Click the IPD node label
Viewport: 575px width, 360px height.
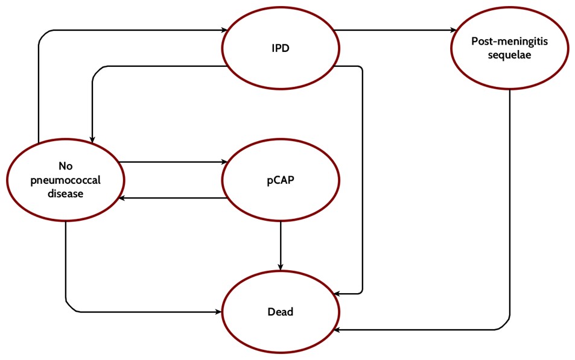tap(281, 48)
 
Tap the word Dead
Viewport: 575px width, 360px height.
tap(281, 312)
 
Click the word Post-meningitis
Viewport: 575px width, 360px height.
tap(509, 43)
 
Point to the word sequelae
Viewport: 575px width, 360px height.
tap(509, 55)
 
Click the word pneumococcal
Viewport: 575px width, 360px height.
tap(65, 180)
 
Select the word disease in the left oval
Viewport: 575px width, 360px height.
tap(65, 193)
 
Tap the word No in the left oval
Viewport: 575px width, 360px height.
tap(65, 166)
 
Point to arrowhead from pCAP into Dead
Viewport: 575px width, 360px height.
tap(281, 267)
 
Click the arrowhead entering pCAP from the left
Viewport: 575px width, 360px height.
tap(224, 162)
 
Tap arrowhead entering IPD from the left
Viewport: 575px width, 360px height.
tap(224, 29)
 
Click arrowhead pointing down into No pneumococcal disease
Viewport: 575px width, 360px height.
tap(93, 137)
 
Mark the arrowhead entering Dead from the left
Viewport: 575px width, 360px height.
tap(220, 312)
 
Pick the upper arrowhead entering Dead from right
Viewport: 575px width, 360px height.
tap(338, 294)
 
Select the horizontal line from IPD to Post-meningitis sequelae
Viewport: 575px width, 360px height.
tap(392, 30)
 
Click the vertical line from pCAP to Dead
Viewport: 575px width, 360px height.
tap(281, 244)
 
